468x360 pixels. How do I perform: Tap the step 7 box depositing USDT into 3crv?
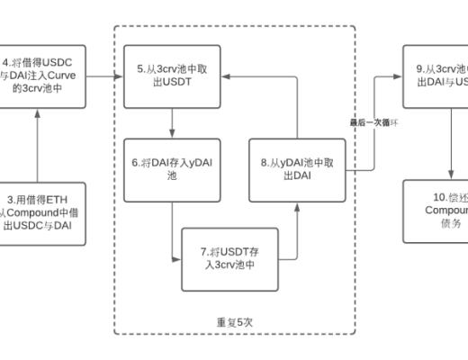[229, 260]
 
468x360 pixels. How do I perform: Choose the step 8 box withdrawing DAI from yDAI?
[296, 169]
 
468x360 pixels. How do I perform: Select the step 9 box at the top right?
[436, 74]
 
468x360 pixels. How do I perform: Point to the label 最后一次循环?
[373, 121]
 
